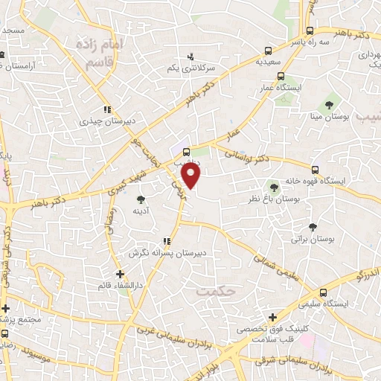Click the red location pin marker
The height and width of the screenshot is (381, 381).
pyautogui.click(x=192, y=176)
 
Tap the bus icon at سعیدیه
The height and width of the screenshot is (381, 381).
pyautogui.click(x=268, y=51)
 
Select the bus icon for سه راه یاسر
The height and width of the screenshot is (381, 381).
pyautogui.click(x=310, y=31)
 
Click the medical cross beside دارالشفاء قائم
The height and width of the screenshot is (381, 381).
pyautogui.click(x=120, y=275)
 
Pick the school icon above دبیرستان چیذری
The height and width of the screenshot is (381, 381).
pyautogui.click(x=108, y=108)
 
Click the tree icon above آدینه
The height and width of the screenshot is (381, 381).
pyautogui.click(x=141, y=199)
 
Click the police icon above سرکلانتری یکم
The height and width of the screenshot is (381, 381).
pyautogui.click(x=191, y=56)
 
